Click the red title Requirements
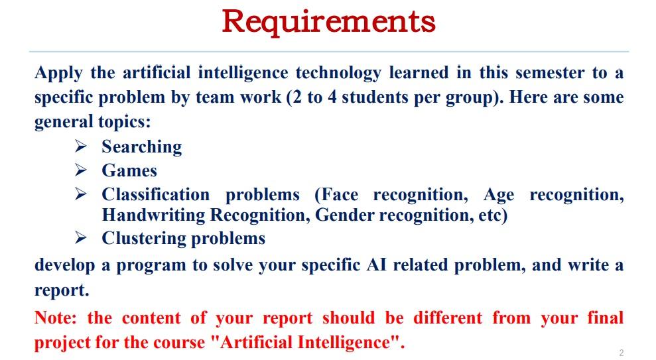tap(328, 21)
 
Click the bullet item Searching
tap(141, 147)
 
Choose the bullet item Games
tap(129, 170)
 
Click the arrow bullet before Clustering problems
tap(81, 237)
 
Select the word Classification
tap(155, 195)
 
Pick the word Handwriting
tap(153, 215)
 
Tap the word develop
tap(64, 265)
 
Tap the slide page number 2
tap(621, 353)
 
